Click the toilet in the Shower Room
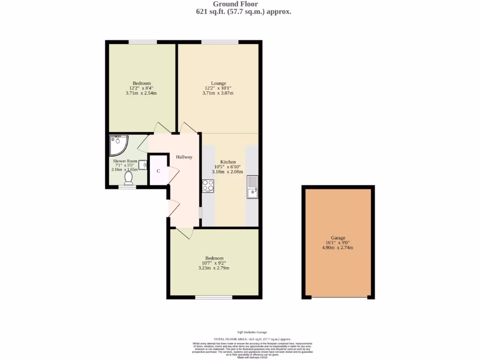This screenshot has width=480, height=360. click(x=128, y=178)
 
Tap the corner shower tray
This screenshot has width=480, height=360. click(x=117, y=145)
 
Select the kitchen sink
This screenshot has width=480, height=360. click(x=253, y=187)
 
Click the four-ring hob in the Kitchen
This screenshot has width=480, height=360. click(x=208, y=186)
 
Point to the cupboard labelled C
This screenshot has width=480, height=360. click(x=158, y=171)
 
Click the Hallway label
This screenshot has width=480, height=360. click(x=184, y=157)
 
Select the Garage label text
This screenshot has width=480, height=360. click(x=337, y=238)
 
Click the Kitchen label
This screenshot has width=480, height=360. click(x=228, y=162)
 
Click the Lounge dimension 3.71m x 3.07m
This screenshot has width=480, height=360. click(x=218, y=93)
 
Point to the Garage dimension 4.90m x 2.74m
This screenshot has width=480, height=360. click(x=337, y=247)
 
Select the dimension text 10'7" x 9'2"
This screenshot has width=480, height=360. click(x=214, y=263)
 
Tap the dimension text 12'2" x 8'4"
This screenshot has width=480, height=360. click(x=141, y=88)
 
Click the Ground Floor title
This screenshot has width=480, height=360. click(x=243, y=4)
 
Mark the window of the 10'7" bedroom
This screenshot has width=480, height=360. click(x=213, y=297)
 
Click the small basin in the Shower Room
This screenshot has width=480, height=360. click(x=142, y=165)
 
